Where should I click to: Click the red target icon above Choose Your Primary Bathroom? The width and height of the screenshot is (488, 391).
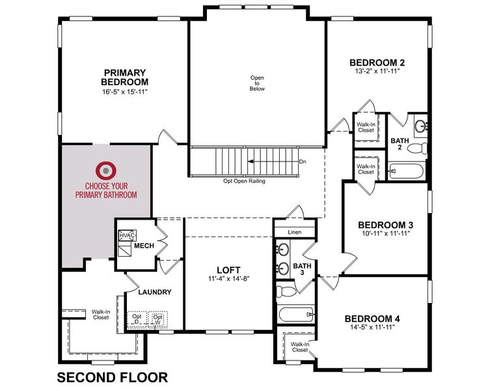(x=104, y=171)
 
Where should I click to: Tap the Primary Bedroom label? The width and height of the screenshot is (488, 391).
(x=124, y=77)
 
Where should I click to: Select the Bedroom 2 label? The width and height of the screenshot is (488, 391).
(x=377, y=63)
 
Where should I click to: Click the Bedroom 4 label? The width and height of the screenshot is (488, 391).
(x=372, y=319)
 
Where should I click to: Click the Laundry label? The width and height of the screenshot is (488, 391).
(x=155, y=293)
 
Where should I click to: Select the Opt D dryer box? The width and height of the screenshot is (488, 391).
(x=137, y=319)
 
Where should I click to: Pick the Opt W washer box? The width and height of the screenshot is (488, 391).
(x=157, y=319)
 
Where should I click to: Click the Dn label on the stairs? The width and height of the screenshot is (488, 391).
(x=302, y=162)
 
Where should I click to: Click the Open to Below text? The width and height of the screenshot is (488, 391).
(x=258, y=83)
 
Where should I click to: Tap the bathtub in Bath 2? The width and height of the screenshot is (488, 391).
(x=405, y=172)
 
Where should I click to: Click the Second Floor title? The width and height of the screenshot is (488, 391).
(x=112, y=377)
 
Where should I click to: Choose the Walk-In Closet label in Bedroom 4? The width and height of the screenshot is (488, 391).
(x=300, y=347)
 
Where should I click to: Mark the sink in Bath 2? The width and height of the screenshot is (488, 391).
(x=420, y=125)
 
